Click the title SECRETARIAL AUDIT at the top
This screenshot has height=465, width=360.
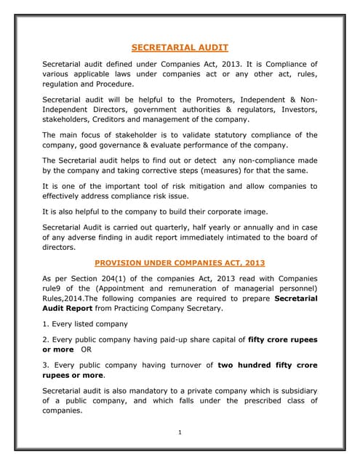point(180,48)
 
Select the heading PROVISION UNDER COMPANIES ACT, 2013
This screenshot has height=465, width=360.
point(180,262)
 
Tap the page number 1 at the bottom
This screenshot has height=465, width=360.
point(180,433)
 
